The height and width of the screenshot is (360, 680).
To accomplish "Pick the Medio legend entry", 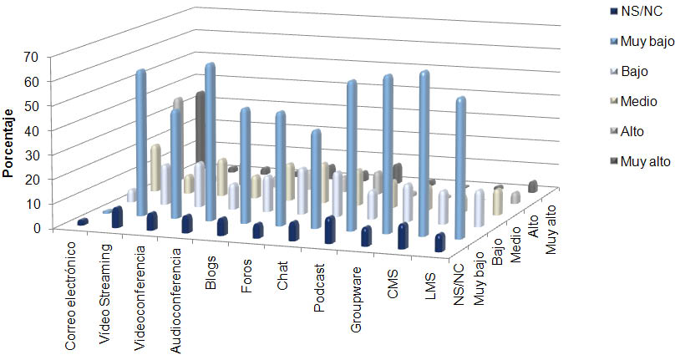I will coord(639,101).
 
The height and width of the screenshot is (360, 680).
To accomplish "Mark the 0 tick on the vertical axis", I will coord(37,227).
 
